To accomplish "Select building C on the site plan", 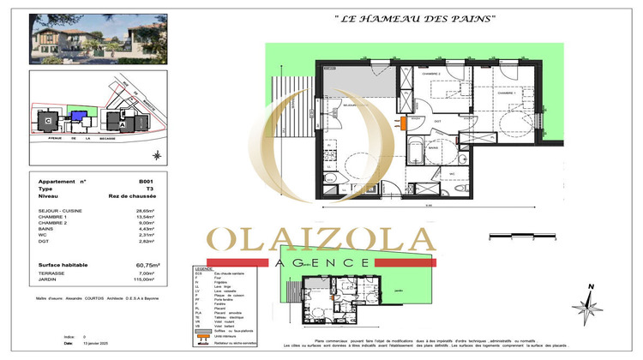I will [x=47, y=120].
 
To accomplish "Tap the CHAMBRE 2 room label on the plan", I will [x=430, y=75].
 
